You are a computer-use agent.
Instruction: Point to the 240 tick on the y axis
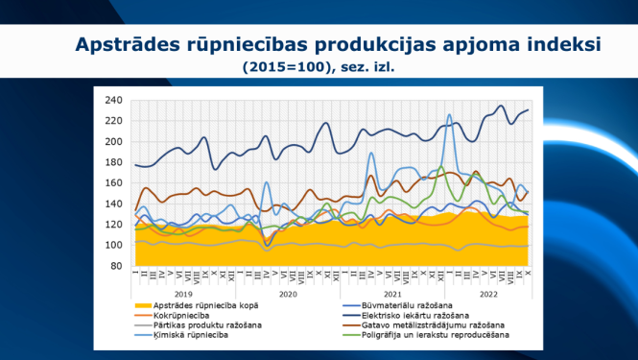[114, 100]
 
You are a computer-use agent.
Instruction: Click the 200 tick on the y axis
[114, 141]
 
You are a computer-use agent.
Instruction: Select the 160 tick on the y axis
[114, 182]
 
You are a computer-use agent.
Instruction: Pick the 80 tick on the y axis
[117, 265]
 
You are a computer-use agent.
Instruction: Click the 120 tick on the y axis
[114, 224]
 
